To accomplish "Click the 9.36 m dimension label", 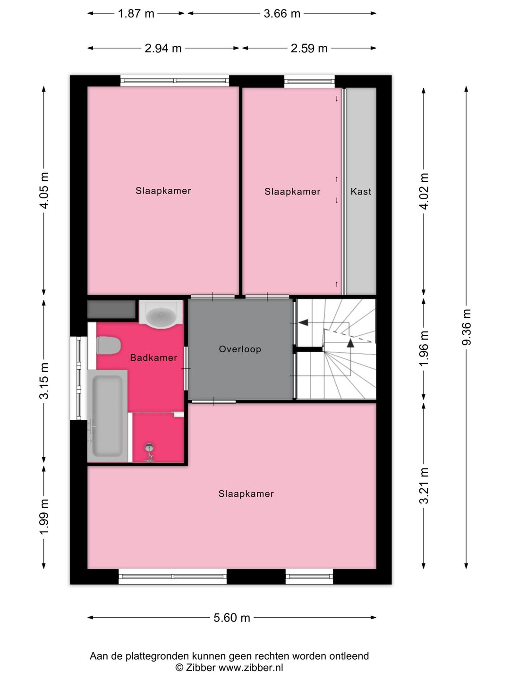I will point(467,327).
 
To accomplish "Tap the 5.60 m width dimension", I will point(231,618).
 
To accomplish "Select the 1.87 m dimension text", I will point(136,13).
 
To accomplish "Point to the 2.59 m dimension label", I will point(309,48).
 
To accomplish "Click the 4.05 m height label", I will point(44,190).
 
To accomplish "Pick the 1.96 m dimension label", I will point(424,348).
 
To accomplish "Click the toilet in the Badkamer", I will point(108,345).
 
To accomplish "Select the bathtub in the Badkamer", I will point(108,416).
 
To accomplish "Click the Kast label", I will point(361,191).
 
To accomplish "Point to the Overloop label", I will point(240,349).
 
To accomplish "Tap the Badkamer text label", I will point(153,357).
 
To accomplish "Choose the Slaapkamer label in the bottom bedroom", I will point(246,493).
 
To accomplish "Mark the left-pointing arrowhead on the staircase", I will point(303,323).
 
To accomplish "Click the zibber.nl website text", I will point(251,668).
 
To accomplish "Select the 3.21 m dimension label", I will point(424,485).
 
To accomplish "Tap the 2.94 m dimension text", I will point(163,48).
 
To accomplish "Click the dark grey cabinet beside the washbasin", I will point(111,309).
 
